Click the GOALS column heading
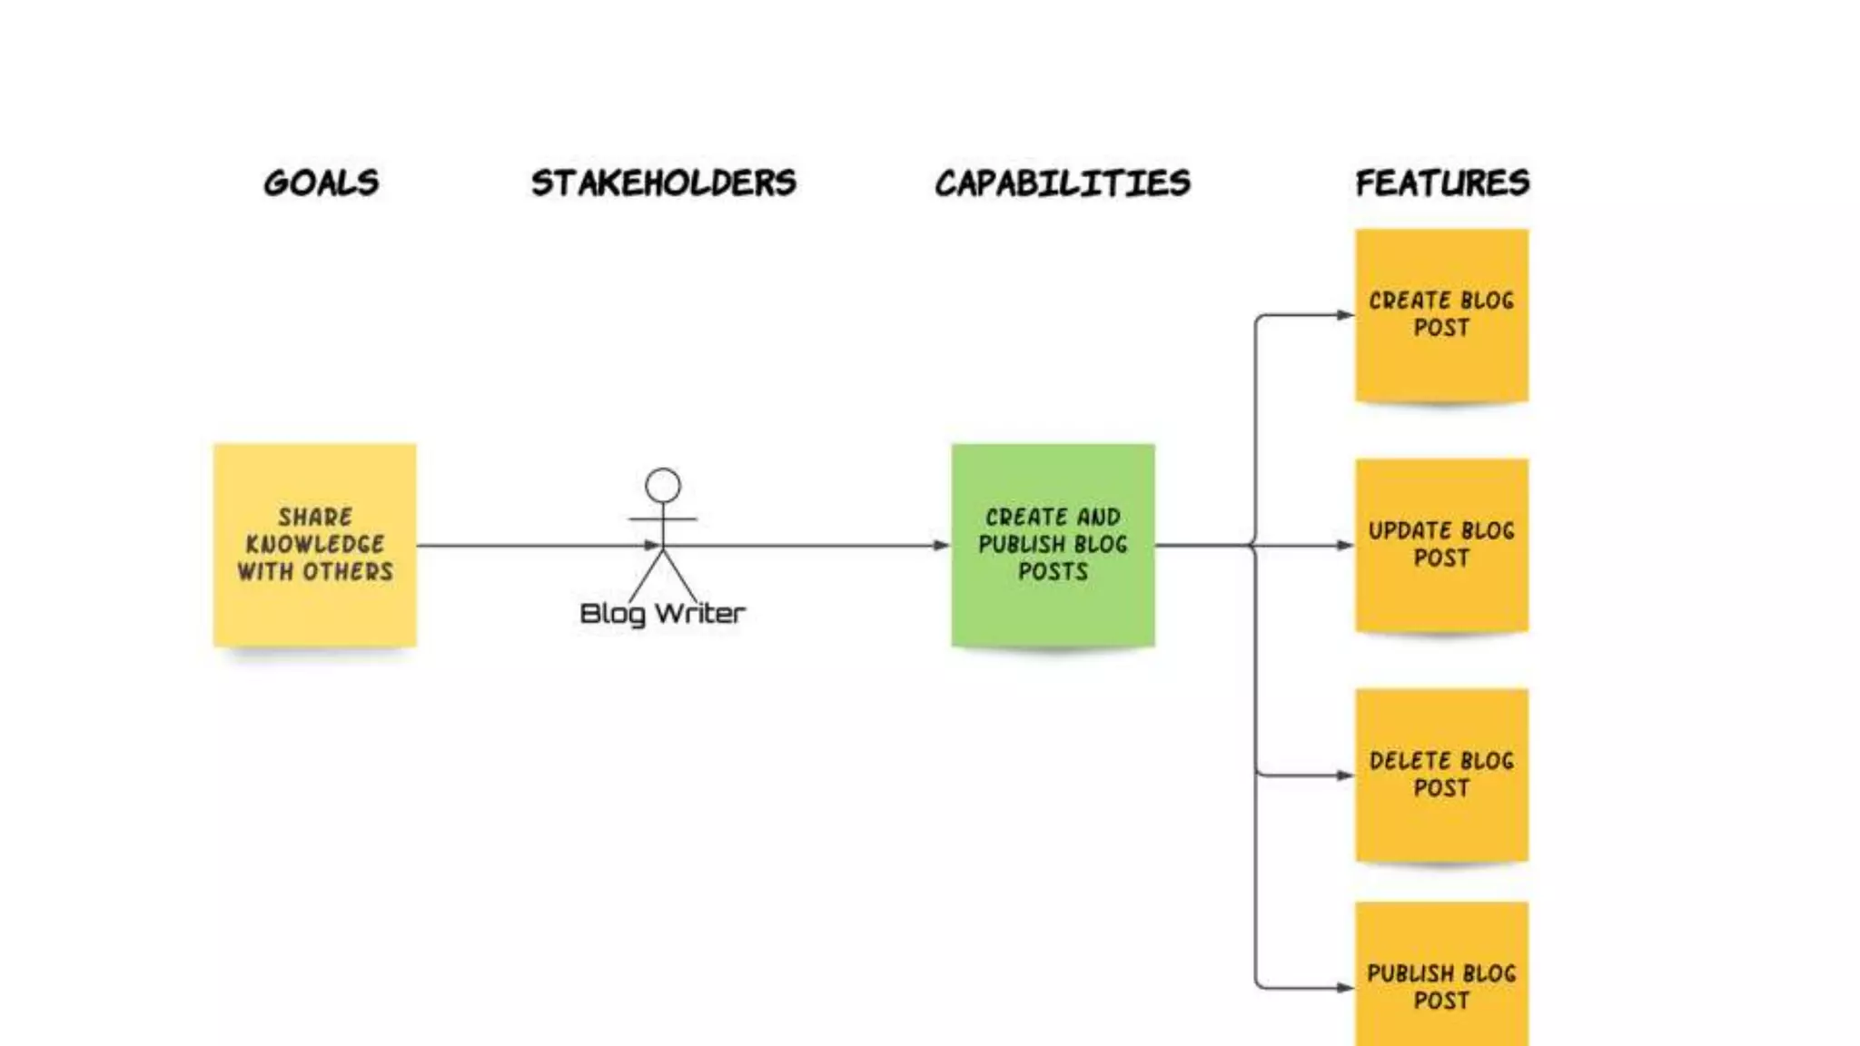point(321,183)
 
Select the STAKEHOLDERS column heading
point(663,183)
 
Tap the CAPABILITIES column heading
point(1062,183)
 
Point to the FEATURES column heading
point(1442,183)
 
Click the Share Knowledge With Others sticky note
point(315,545)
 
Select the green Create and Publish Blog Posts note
point(1053,545)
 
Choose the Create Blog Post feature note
point(1441,314)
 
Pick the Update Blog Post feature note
point(1441,545)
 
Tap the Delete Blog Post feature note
point(1441,775)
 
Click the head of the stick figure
point(663,486)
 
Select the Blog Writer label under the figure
point(662,614)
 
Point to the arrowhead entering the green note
point(942,546)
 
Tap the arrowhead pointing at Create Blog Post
point(1345,315)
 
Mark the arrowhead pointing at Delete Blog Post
point(1345,775)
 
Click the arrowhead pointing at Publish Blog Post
point(1345,988)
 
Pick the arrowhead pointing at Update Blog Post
point(1345,546)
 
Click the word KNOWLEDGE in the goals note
point(315,545)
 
